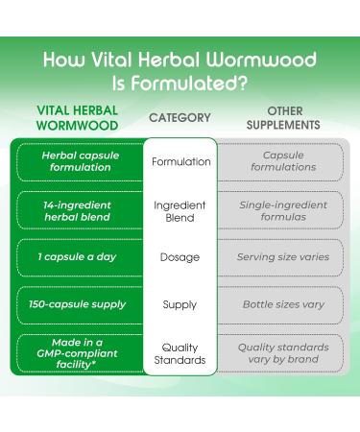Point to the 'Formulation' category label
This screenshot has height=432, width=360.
click(180, 161)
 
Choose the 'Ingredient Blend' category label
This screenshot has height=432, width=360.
click(180, 211)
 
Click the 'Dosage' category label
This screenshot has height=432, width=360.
click(180, 257)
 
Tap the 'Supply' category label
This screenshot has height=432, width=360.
click(180, 304)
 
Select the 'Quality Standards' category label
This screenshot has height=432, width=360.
click(180, 353)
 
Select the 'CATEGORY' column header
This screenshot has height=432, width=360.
click(180, 118)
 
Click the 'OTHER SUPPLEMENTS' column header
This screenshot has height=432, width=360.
click(283, 118)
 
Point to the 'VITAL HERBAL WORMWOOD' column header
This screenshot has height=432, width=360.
click(77, 118)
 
